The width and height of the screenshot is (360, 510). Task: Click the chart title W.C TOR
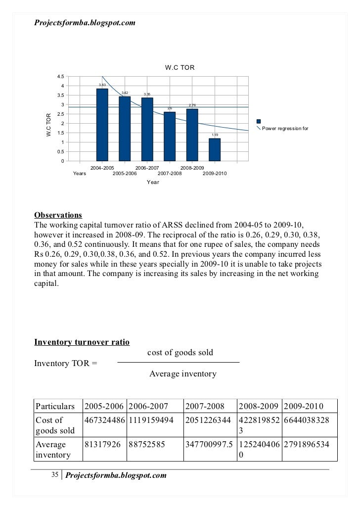pos(180,67)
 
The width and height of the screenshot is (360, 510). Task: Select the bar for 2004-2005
pos(102,125)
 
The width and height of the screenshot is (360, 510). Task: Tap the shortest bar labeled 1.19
pos(215,149)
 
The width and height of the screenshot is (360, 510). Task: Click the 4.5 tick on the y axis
pos(60,77)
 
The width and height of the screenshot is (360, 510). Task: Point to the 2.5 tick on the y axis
pos(60,114)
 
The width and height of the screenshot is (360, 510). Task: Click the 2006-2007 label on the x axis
pos(147,168)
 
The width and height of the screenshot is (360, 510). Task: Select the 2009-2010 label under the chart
pos(215,174)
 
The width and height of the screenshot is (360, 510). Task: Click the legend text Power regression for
pos(285,129)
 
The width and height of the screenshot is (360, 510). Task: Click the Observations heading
pos(58,215)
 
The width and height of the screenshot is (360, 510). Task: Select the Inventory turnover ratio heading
pos(82,342)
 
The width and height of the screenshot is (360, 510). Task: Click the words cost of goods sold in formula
pos(180,353)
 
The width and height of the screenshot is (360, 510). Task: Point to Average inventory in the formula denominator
pos(182,374)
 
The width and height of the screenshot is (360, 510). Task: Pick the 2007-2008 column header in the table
pos(205,407)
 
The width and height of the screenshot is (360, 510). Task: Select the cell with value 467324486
pos(104,420)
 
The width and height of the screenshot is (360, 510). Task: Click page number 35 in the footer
pos(55,475)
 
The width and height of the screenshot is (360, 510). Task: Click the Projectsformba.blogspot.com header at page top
pos(85,23)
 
